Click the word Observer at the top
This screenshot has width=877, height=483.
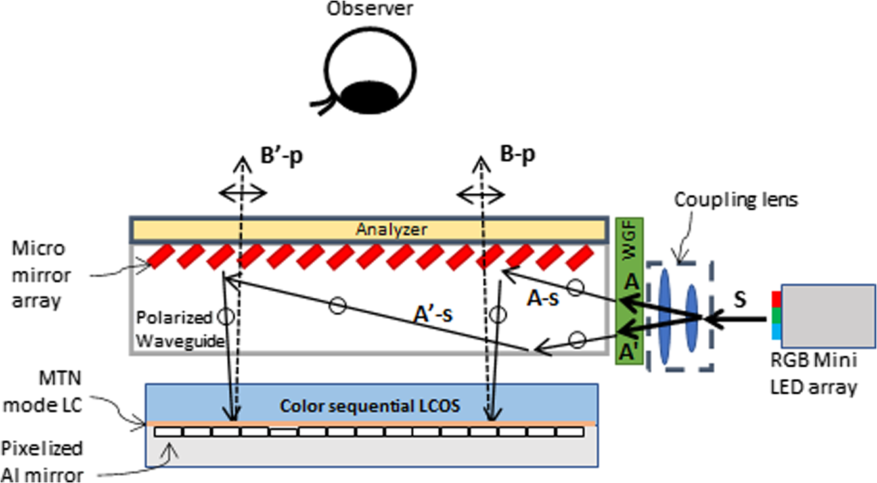(372, 9)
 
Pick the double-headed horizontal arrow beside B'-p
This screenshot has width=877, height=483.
(242, 193)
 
